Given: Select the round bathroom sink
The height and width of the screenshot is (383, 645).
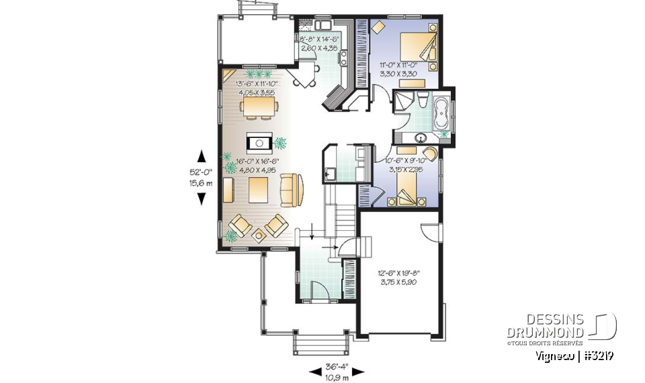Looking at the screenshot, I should click(421, 139).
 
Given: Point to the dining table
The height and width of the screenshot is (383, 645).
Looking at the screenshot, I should click(258, 107).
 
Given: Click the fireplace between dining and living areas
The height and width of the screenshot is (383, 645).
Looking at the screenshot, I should click(258, 142).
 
